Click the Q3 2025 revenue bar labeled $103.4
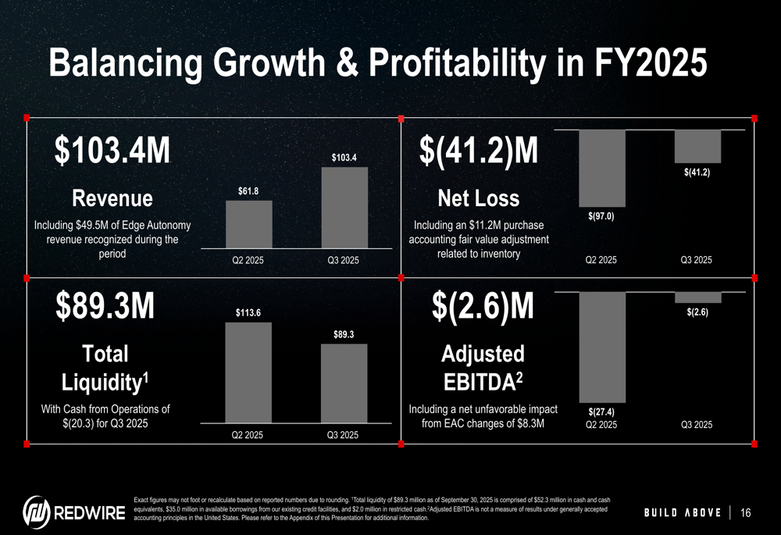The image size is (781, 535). [x=344, y=208]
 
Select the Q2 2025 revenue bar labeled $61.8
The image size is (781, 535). [x=249, y=224]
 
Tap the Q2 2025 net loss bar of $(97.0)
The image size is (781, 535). [x=602, y=167]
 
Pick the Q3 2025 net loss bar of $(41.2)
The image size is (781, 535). [x=697, y=145]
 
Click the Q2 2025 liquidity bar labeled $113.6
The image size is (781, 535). [x=249, y=373]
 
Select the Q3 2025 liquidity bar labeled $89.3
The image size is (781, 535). [x=344, y=383]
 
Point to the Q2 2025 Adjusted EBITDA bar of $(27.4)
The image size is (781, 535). [x=602, y=346]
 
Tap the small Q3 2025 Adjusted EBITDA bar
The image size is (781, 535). [x=697, y=297]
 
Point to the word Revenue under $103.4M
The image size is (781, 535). [x=112, y=197]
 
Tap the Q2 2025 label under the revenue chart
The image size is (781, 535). [x=248, y=260]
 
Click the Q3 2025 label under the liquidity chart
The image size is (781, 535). [x=343, y=434]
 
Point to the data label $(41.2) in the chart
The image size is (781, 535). [x=697, y=172]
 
